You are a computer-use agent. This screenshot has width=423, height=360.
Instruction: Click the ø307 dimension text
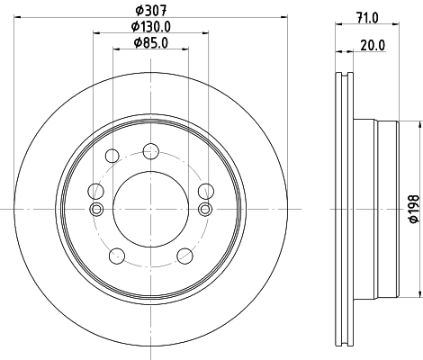click(149, 11)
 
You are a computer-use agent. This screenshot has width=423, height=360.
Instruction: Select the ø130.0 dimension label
click(149, 27)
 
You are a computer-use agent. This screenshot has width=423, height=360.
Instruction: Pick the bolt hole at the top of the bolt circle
click(150, 150)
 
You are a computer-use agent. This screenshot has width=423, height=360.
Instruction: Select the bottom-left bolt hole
click(115, 256)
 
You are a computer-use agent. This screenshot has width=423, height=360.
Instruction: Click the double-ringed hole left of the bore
click(94, 210)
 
